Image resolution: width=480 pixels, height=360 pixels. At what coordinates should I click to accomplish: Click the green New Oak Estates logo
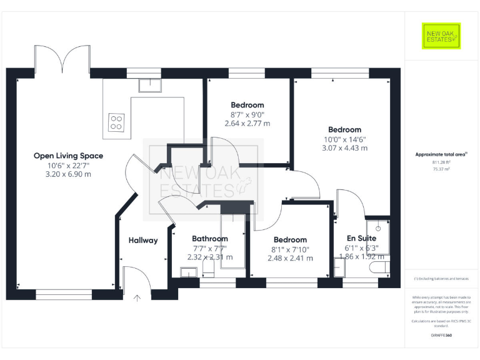click(x=441, y=36)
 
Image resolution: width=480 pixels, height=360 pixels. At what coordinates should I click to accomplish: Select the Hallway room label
click(x=143, y=240)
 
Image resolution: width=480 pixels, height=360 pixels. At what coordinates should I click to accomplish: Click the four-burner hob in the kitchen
click(x=116, y=122)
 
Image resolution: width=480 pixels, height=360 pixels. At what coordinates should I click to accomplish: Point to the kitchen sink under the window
click(x=150, y=85)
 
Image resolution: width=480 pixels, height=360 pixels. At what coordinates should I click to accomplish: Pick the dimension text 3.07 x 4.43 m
click(x=344, y=148)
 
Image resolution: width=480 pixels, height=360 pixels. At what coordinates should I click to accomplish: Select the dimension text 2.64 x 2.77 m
click(x=247, y=124)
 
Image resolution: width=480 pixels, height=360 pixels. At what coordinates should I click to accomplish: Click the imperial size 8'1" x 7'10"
click(x=290, y=249)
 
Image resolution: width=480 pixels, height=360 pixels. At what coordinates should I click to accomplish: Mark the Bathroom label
click(x=209, y=239)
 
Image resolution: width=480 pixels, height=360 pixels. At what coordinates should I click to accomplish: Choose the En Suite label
click(x=362, y=238)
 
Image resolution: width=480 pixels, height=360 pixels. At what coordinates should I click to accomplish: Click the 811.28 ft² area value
click(x=441, y=162)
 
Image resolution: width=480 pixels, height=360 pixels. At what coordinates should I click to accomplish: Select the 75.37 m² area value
click(x=441, y=169)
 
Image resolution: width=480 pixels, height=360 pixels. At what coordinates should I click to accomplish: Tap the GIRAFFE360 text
click(x=441, y=336)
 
